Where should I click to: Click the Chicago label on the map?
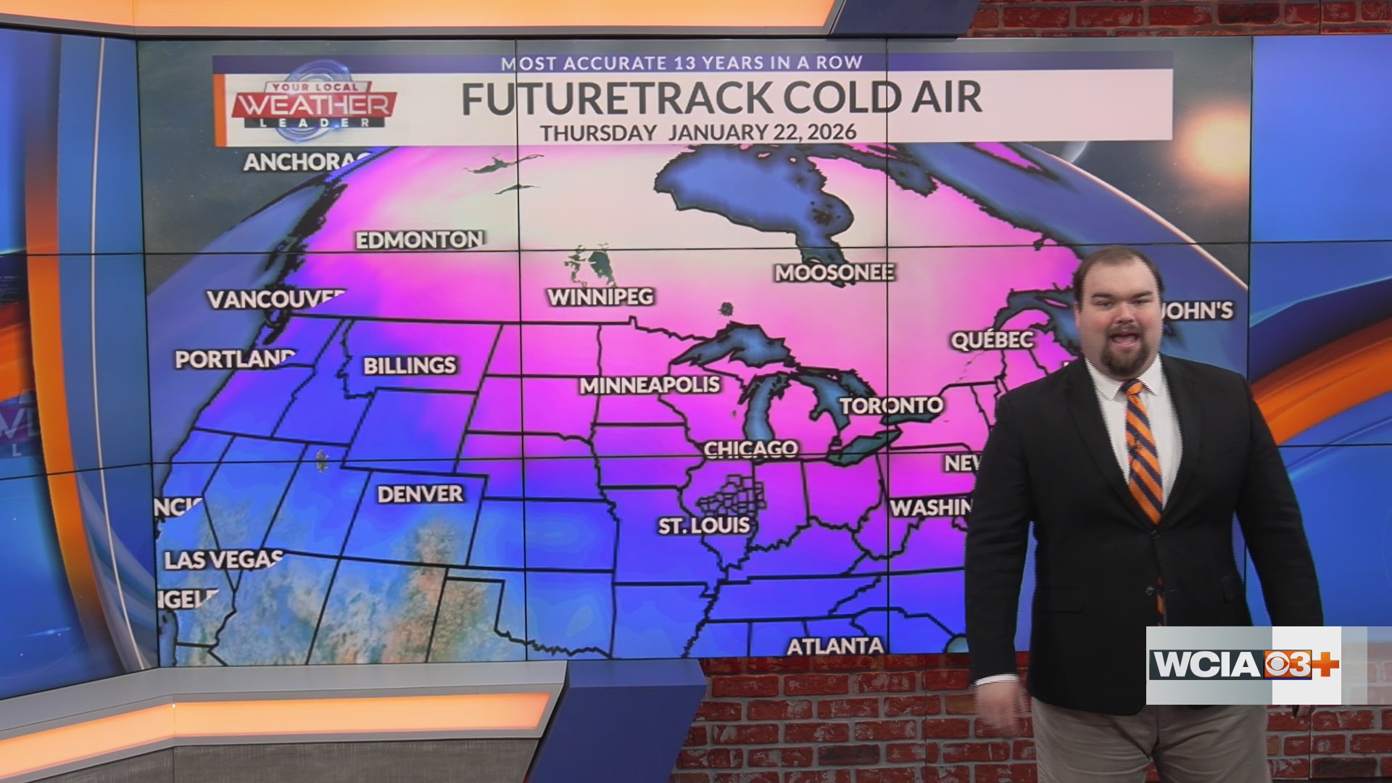click(750, 449)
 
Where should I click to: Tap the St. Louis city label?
click(703, 525)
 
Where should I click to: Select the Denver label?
click(420, 494)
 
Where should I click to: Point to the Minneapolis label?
click(650, 385)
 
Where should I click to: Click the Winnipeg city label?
click(600, 297)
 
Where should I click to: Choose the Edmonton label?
click(420, 240)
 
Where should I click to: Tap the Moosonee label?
click(834, 273)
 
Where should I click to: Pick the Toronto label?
click(892, 405)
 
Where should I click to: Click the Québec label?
click(992, 340)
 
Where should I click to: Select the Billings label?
click(410, 365)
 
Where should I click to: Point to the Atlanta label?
click(835, 645)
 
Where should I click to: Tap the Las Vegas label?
click(223, 560)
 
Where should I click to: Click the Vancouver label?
click(275, 299)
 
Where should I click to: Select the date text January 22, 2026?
click(762, 132)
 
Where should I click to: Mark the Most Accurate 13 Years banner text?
click(681, 62)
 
